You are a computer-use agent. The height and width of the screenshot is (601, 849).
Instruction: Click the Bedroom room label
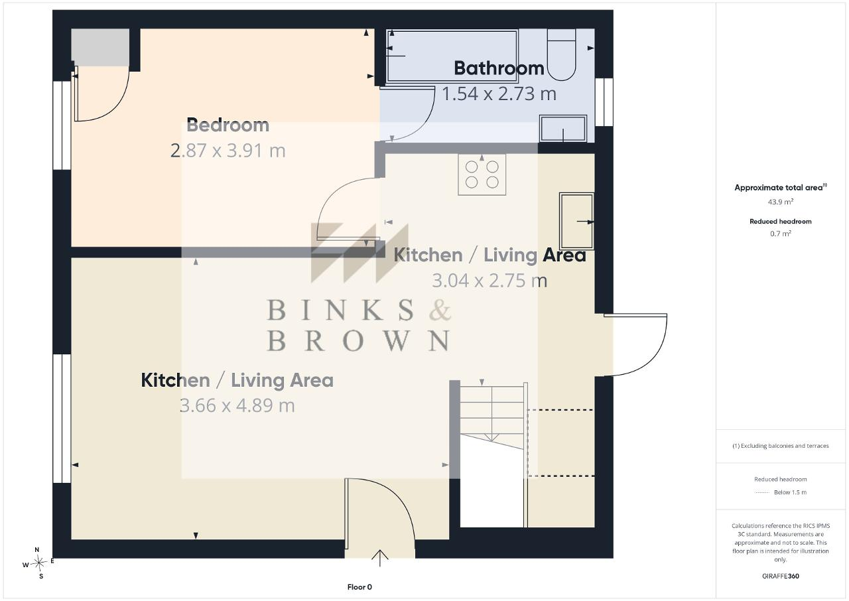228,125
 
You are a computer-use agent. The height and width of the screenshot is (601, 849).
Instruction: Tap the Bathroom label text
499,68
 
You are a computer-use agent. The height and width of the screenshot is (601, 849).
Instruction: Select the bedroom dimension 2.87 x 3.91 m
228,151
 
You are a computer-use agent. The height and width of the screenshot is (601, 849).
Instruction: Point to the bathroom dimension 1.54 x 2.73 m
499,94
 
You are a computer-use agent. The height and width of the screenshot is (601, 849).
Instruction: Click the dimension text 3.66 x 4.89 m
237,405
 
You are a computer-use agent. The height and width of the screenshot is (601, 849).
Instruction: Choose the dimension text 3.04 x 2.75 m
490,281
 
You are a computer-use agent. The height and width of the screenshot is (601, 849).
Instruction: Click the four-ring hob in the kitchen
482,174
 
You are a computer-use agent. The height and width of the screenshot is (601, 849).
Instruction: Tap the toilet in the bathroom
561,54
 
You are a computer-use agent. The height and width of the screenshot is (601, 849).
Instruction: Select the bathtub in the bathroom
452,56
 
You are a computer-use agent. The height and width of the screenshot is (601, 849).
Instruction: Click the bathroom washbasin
563,129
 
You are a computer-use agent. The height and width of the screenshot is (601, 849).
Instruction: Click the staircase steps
492,415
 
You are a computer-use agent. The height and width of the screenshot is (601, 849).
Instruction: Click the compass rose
38,563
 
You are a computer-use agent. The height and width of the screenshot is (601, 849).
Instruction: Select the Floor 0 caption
359,587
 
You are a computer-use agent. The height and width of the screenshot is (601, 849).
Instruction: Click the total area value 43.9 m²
781,202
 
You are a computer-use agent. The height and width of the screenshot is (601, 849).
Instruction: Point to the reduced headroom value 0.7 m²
781,234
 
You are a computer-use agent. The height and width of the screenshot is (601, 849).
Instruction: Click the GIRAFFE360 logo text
781,576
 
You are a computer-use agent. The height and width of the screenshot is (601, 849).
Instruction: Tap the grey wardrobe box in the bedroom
100,47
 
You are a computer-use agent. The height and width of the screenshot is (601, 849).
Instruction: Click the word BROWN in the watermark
359,341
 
